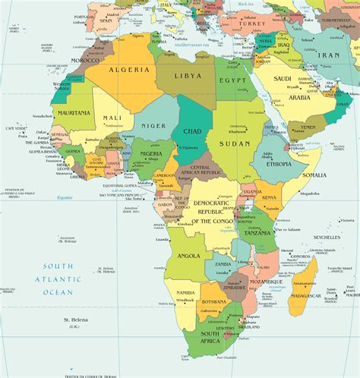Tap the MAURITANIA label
73,113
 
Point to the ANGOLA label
190,257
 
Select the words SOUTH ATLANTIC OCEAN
58,279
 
